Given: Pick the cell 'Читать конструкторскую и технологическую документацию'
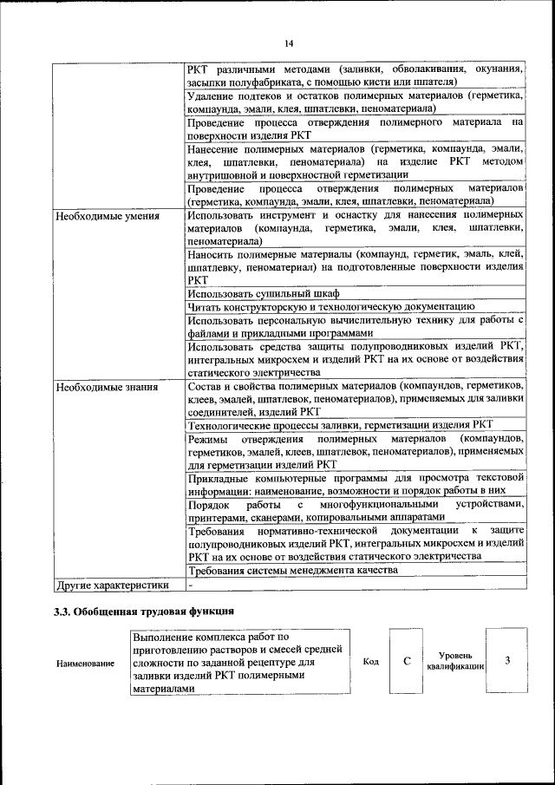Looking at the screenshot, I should pyautogui.click(x=330, y=307).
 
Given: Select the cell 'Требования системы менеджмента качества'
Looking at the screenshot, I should pyautogui.click(x=293, y=571).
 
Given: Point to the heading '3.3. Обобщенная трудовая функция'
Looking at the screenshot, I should pyautogui.click(x=144, y=612).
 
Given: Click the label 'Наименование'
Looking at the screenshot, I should pyautogui.click(x=86, y=664).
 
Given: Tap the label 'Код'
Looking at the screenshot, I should pyautogui.click(x=371, y=662).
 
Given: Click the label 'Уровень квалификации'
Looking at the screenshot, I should pyautogui.click(x=455, y=662).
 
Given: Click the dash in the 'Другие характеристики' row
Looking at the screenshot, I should pyautogui.click(x=190, y=585).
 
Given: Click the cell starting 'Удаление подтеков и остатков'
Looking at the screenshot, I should pyautogui.click(x=356, y=102).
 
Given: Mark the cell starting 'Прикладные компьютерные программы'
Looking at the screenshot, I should pyautogui.click(x=356, y=483).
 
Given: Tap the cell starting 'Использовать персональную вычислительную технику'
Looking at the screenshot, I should pyautogui.click(x=356, y=326).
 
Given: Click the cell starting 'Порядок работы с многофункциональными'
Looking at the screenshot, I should pyautogui.click(x=356, y=510).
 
